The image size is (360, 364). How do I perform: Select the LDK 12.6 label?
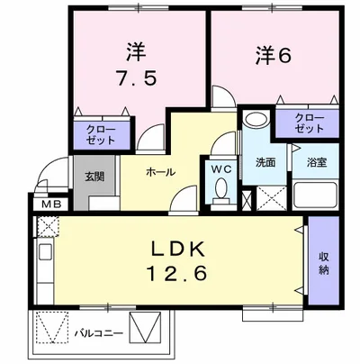tap(174, 259)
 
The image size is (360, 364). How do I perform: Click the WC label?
tap(220, 168)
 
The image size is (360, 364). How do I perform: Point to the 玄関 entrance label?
tap(94, 177)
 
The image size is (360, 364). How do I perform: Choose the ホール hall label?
tap(159, 171)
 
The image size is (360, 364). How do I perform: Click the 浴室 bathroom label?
tap(315, 165)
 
